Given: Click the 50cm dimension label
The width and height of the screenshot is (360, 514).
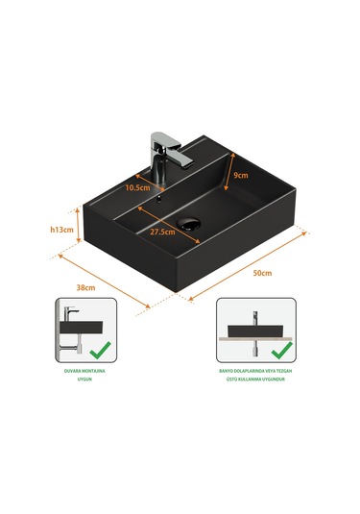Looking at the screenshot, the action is click(x=262, y=273).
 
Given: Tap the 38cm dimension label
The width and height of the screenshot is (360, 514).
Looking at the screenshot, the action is click(x=85, y=287).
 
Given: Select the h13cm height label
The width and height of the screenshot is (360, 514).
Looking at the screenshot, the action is click(x=61, y=230).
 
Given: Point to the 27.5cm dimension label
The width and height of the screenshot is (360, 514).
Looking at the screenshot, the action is click(x=162, y=232).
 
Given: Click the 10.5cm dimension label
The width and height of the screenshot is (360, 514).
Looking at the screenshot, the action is click(x=137, y=187).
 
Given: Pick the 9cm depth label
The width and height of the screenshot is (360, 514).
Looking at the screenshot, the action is click(x=241, y=176).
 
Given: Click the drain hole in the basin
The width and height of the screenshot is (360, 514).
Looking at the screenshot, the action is click(x=188, y=224).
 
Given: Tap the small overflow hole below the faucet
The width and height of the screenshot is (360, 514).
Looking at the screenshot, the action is click(x=159, y=199).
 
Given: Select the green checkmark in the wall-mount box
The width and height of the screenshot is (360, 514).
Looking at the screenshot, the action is click(x=100, y=350).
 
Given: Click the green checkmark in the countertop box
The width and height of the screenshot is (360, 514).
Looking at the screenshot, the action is click(x=281, y=350).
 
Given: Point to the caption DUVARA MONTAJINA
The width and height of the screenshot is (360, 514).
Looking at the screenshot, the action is click(x=84, y=371).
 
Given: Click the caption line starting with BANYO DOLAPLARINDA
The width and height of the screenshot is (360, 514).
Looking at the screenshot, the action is click(x=255, y=371).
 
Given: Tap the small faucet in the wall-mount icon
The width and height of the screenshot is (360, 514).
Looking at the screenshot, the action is click(x=69, y=314).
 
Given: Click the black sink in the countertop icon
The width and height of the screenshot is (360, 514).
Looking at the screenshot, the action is click(x=255, y=331).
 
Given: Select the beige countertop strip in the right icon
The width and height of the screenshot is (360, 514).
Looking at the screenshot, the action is click(x=255, y=339).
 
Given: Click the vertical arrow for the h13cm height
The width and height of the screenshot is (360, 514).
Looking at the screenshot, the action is click(x=78, y=225).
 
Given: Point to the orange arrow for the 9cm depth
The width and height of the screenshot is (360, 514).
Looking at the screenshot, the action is click(x=229, y=171).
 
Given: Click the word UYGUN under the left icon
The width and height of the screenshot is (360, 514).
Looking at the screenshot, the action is click(x=84, y=379).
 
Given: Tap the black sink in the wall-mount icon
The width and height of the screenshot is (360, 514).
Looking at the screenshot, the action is click(x=82, y=328).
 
